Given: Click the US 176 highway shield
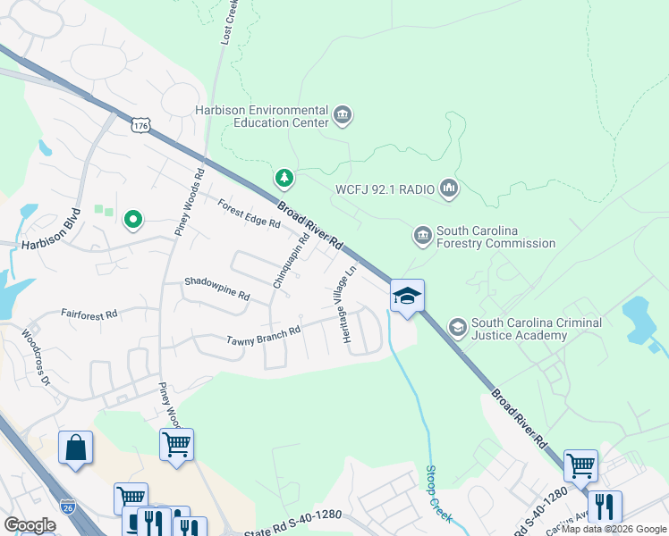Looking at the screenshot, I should click(x=140, y=126).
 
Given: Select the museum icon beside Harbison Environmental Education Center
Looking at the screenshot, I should click(x=342, y=115).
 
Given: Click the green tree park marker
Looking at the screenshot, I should click(x=284, y=179).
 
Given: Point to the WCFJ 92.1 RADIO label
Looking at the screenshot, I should click(x=384, y=188).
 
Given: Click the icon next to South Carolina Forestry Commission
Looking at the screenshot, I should click(x=422, y=235).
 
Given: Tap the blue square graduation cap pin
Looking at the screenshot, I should click(x=407, y=297).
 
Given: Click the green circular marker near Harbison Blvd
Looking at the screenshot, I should click(x=133, y=218).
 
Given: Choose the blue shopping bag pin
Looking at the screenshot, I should click(x=75, y=447).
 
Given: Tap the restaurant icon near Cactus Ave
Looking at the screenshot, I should click(x=605, y=507).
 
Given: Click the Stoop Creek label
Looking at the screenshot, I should click(x=437, y=494).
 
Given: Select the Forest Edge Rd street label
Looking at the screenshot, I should click(x=249, y=213).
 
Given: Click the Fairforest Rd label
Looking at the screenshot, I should click(x=89, y=314).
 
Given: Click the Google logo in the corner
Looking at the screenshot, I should click(x=30, y=524).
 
